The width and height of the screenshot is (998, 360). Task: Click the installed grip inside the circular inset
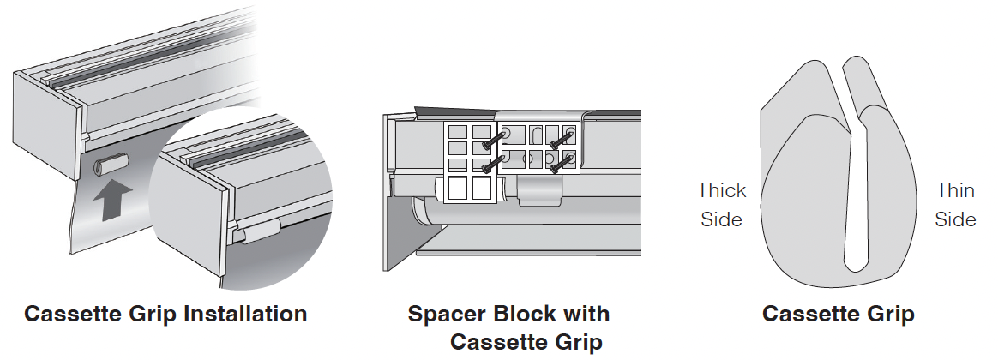click(256, 229)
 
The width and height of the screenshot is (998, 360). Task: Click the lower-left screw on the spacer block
click(490, 164)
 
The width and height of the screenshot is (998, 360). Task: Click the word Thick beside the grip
click(721, 190)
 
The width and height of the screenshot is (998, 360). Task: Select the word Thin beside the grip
click(955, 190)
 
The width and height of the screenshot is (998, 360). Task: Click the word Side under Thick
click(721, 219)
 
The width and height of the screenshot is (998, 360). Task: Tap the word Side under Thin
click(955, 219)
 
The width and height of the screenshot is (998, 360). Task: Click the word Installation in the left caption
click(245, 314)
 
